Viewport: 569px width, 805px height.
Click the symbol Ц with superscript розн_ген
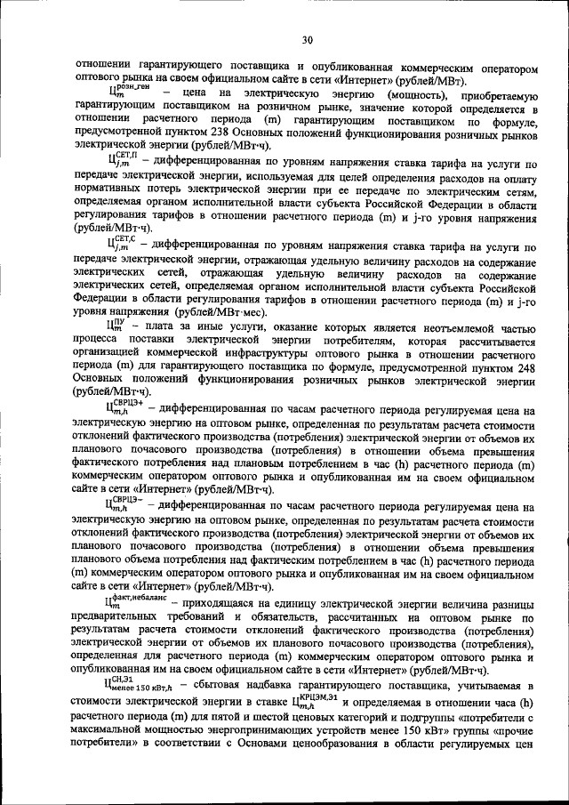[x=127, y=91]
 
